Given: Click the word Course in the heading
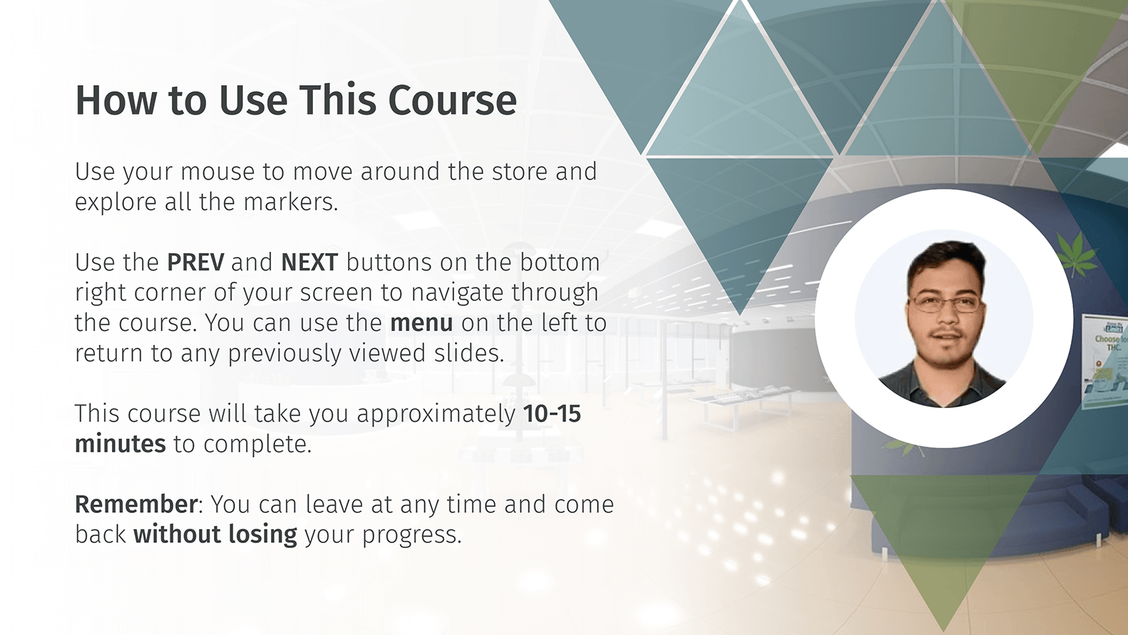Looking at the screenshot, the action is [x=452, y=101].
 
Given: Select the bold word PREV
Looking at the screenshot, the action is [x=195, y=262].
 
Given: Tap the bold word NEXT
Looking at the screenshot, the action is [x=309, y=262].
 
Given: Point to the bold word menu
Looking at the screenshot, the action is [x=421, y=323].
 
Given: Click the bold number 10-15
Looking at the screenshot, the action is [x=552, y=414].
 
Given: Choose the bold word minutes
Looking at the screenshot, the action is [x=121, y=444].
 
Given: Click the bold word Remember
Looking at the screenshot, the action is [x=136, y=504].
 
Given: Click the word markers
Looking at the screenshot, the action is [x=291, y=202].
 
